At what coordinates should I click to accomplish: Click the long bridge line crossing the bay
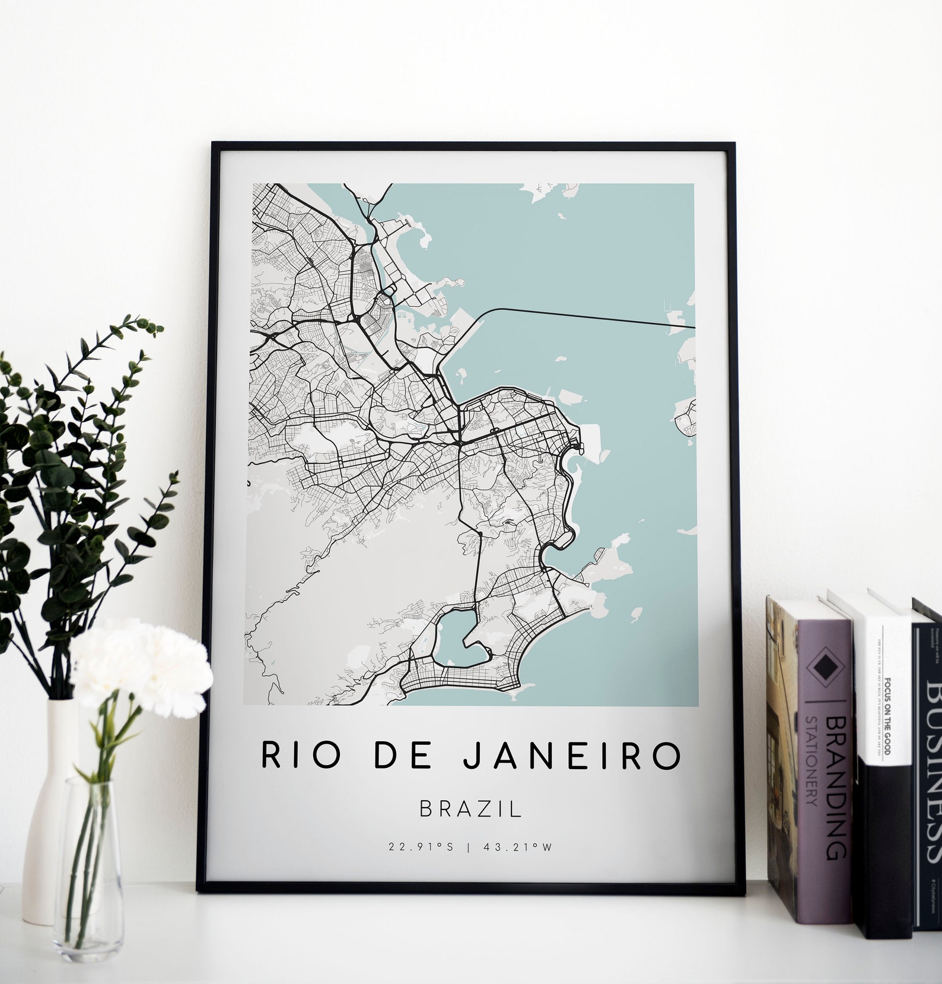(x=593, y=316)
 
